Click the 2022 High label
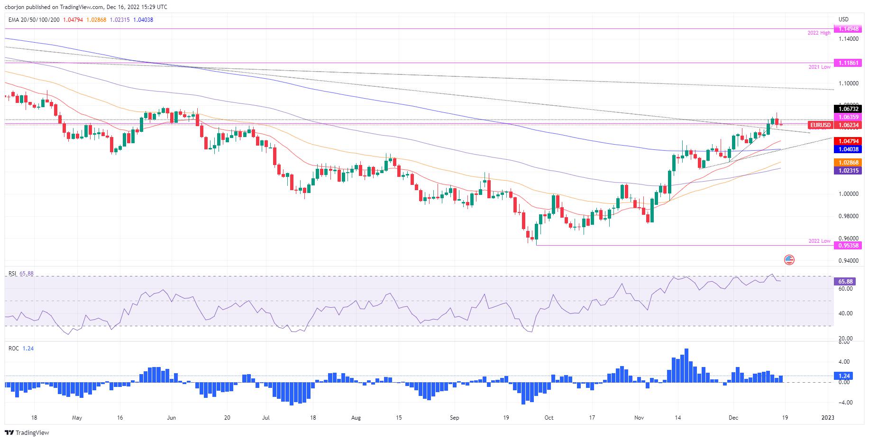click(819, 33)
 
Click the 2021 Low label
click(819, 67)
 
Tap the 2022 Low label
click(819, 241)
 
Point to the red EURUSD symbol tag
click(820, 125)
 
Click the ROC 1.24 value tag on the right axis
click(845, 376)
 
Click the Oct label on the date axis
click(548, 418)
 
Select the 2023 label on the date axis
click(827, 418)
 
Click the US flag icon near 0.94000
click(789, 259)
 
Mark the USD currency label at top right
click(843, 19)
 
